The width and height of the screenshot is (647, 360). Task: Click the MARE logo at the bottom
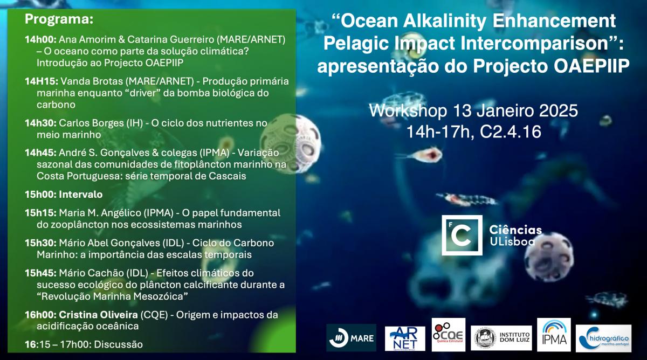pos(351,337)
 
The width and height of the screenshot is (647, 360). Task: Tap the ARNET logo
pos(405,338)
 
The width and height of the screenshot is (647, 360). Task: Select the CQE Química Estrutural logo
pos(448,335)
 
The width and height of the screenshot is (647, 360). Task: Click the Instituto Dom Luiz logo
pos(501,338)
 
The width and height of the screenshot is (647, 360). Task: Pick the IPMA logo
pos(554,335)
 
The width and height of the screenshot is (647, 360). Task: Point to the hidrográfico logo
pos(603,338)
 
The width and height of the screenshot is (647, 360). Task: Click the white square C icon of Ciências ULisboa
pos(462,235)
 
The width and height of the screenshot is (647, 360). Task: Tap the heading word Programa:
pos(59,19)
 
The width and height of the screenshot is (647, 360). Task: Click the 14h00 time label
pos(40,39)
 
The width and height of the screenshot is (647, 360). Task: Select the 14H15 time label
pos(42,81)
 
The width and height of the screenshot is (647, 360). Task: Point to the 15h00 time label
pos(40,195)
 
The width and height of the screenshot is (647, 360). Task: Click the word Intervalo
pos(80,195)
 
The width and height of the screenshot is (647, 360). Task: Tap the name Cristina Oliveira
pos(98,314)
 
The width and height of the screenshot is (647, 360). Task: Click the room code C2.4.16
pos(511,132)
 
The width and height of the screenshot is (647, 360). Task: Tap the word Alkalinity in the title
pos(445,21)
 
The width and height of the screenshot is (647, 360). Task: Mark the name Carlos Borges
pos(101,123)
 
